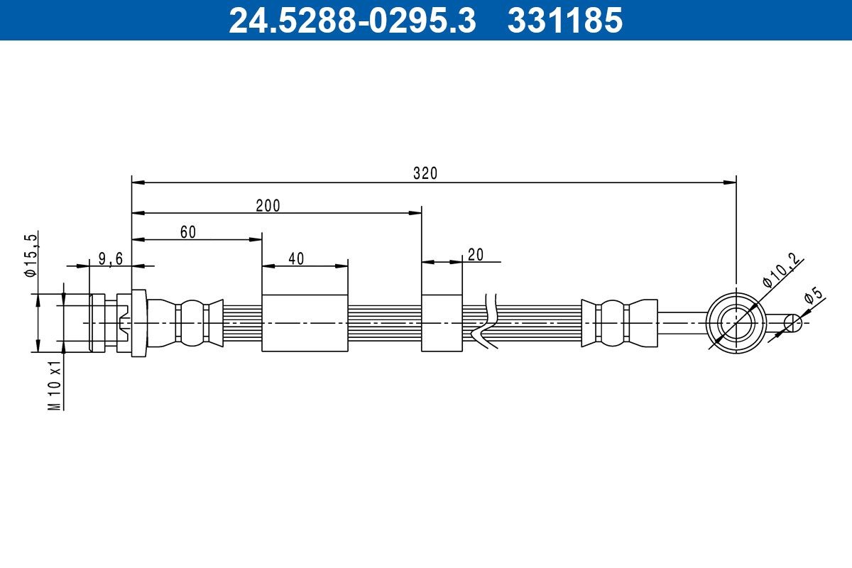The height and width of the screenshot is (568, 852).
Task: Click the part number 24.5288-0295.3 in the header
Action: tap(351, 20)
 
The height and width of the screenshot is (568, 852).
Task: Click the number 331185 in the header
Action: tap(564, 20)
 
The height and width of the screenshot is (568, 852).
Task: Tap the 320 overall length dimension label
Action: tap(425, 173)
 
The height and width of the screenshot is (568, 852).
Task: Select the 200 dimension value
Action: tap(268, 206)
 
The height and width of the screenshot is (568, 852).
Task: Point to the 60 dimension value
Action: tap(187, 231)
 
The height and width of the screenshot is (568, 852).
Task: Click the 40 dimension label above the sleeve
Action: tap(296, 258)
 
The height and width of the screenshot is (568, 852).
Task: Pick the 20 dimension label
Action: tap(476, 255)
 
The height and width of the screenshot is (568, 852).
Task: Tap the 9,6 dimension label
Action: tap(110, 258)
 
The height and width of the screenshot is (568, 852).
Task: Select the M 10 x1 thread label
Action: tap(55, 383)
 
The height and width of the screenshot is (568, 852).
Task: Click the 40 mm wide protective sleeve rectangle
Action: tap(305, 322)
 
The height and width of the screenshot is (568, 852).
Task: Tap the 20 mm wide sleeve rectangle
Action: tap(442, 322)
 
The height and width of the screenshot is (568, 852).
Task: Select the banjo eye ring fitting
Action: tap(736, 322)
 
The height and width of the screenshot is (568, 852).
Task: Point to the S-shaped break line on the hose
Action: tap(486, 323)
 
